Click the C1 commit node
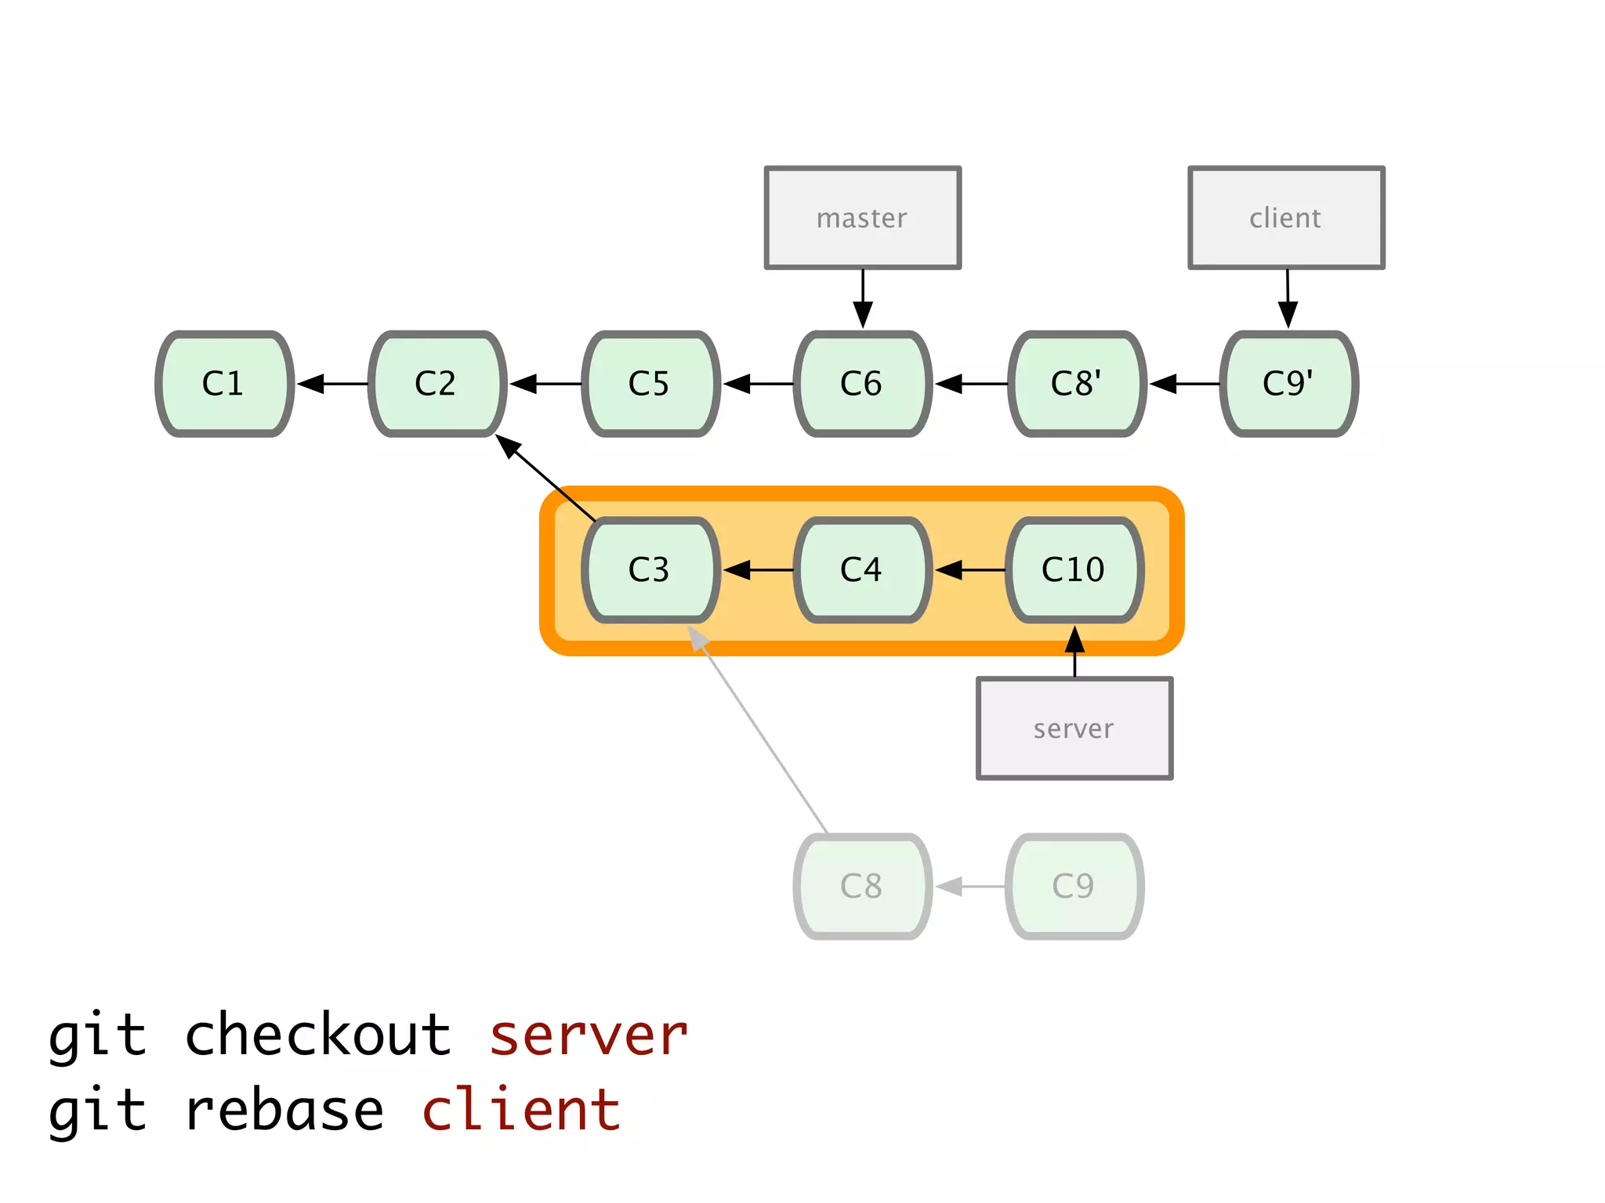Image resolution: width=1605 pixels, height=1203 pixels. (x=224, y=384)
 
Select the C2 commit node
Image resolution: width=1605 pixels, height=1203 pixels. (x=437, y=384)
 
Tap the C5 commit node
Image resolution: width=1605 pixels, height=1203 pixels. (x=650, y=384)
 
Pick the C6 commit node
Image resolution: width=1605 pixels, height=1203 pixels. (x=862, y=384)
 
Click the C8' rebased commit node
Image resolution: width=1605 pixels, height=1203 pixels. (x=1076, y=384)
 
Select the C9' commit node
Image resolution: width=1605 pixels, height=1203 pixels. (x=1288, y=384)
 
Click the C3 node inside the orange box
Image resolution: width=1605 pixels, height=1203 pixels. (x=650, y=570)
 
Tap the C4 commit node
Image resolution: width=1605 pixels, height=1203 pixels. (x=862, y=570)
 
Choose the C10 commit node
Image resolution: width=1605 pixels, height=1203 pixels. (x=1074, y=570)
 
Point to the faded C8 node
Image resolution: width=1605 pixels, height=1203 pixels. (x=862, y=887)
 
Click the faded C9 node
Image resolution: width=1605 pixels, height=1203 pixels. (x=1074, y=887)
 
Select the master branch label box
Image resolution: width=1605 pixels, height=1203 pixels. (x=862, y=218)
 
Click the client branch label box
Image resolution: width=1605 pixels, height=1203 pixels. (x=1286, y=218)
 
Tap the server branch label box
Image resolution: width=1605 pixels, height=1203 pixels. (x=1074, y=728)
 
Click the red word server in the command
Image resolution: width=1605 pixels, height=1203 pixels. (x=588, y=1035)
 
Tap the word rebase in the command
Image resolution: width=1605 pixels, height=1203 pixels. (x=284, y=1111)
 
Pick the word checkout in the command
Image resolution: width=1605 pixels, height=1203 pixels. (x=318, y=1035)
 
